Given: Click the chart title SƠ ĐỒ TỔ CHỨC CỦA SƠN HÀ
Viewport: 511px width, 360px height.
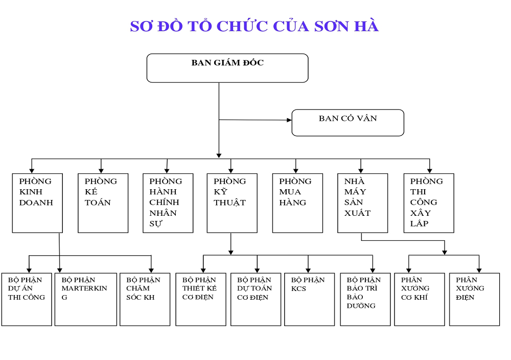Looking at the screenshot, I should coord(254,27).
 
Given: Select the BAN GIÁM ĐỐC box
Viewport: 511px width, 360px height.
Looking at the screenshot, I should coord(227,68).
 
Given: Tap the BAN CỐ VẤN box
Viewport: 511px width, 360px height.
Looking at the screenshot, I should coord(347,123).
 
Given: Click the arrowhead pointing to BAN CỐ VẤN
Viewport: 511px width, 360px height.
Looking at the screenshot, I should coord(289,120).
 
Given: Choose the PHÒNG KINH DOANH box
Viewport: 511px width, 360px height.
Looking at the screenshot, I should coord(37,203).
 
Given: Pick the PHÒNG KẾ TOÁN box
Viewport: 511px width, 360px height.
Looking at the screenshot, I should coord(103,203).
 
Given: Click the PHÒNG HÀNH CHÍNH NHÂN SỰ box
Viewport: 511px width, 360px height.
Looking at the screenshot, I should coord(168,203).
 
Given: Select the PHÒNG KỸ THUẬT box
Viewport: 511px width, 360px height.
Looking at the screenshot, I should coord(232,203).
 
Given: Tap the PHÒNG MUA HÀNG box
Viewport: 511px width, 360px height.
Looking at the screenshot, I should coord(297,203).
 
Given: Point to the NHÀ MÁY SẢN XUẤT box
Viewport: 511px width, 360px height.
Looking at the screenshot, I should coord(362,203).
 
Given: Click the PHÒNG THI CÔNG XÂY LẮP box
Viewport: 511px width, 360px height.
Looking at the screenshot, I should coord(428,203).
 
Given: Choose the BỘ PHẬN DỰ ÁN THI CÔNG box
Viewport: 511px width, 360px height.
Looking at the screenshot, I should coord(27,299).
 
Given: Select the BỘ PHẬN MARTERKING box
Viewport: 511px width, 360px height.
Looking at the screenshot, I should coord(86,299).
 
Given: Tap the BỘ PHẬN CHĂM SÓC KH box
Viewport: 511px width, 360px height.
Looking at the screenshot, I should coord(145,299).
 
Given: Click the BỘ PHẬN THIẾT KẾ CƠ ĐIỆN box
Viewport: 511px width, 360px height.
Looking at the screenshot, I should coord(201,299).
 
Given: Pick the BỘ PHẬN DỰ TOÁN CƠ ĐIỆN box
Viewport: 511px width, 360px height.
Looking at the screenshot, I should coord(255,299).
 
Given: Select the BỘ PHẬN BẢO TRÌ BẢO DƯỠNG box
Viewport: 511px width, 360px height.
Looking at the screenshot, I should coord(365,299).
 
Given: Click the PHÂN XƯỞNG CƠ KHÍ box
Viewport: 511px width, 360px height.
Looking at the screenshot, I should coord(419,299).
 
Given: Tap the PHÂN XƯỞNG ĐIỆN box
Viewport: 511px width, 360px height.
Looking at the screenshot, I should coord(474,299).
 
